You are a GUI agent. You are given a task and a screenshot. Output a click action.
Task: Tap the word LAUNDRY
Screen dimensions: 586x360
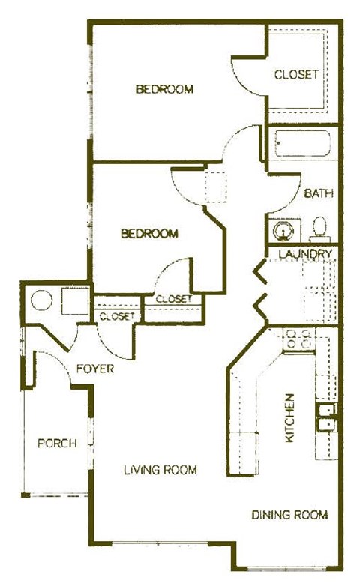[x=305, y=254]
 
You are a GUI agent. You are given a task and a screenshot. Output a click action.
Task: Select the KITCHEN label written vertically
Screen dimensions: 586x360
[x=291, y=417]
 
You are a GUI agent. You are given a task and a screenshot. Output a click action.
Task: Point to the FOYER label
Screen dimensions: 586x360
[x=95, y=369]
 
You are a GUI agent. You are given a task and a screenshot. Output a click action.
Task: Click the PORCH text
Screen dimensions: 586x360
[x=57, y=443]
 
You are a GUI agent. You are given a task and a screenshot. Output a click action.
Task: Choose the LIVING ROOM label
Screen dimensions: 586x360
[x=160, y=470]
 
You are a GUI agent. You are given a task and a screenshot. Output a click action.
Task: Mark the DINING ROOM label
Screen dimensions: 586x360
[x=289, y=515]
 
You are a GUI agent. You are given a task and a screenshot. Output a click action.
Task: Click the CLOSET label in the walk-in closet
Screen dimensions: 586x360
[x=297, y=74]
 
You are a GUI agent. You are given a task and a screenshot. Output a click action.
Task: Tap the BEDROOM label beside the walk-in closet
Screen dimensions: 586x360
[x=164, y=90]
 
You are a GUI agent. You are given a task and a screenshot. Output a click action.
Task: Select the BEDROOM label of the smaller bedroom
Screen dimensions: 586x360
[x=150, y=234]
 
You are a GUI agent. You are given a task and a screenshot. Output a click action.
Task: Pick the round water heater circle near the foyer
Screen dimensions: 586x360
[x=42, y=301]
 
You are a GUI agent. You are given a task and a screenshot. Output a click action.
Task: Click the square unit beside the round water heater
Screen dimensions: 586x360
[x=73, y=300]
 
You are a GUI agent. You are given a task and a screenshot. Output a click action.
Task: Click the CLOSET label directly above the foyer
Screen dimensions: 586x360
[x=116, y=316]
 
